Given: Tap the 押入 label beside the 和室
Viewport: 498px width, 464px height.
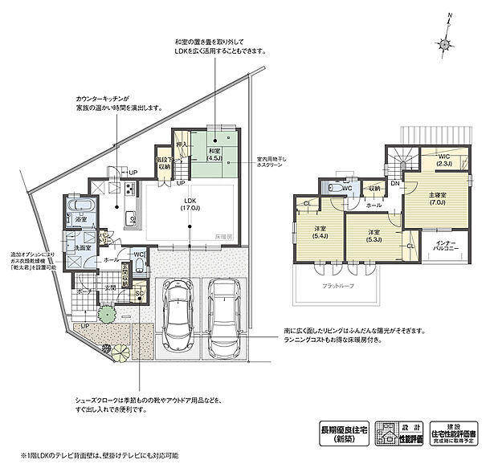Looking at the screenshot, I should click(x=182, y=145).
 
